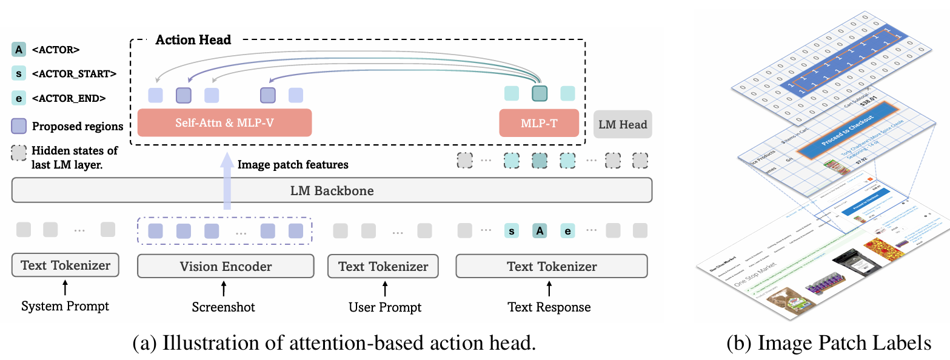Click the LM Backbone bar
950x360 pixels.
point(332,190)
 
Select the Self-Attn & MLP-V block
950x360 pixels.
point(224,122)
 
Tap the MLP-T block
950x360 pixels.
point(539,122)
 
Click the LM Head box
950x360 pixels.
point(623,124)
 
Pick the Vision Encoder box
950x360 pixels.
point(226,266)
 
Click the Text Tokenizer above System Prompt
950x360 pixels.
point(65,265)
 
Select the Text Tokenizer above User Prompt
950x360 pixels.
point(383,266)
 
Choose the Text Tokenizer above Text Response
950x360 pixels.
point(551,266)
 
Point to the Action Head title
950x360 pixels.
point(193,40)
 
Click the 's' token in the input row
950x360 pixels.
point(512,230)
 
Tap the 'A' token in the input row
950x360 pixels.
point(540,230)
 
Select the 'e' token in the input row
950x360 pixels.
point(567,230)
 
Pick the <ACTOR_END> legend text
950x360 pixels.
point(69,98)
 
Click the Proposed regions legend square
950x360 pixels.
point(19,126)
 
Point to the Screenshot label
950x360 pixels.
point(224,307)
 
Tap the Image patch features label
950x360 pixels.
point(293,164)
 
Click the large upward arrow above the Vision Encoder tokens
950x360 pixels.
point(227,182)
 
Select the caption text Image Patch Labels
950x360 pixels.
point(829,344)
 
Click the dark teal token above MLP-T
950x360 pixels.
point(540,93)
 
